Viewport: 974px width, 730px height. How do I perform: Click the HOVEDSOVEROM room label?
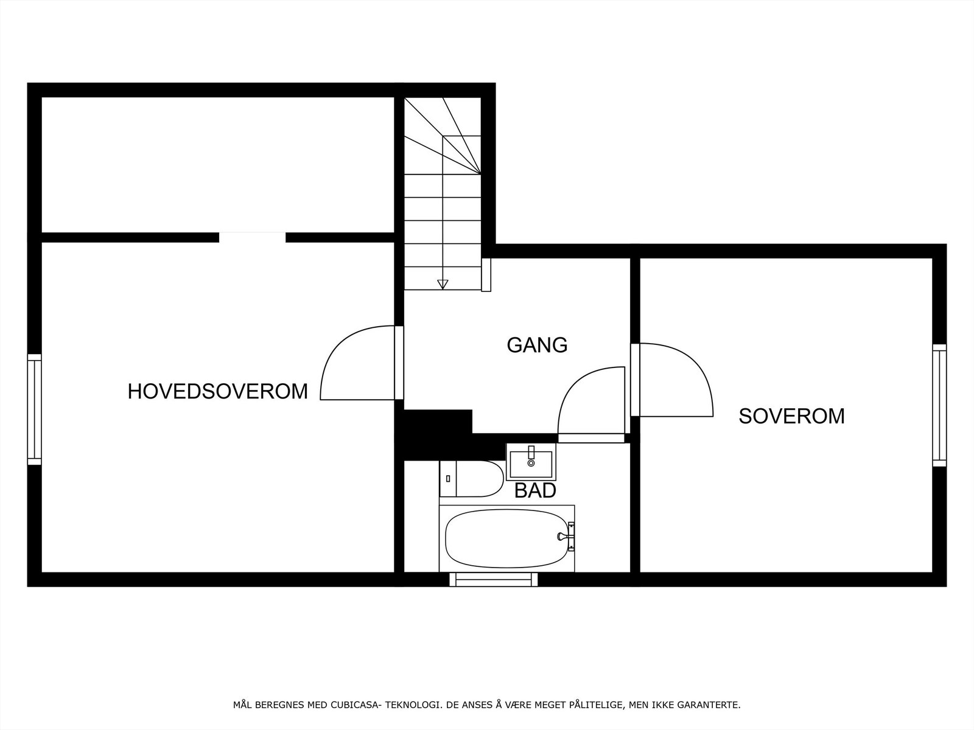[x=217, y=391]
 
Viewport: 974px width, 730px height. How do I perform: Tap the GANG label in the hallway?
[x=537, y=345]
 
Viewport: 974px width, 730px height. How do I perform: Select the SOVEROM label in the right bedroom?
[x=791, y=416]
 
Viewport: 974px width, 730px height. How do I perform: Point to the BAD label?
[x=535, y=491]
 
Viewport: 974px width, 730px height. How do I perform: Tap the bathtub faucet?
[x=565, y=536]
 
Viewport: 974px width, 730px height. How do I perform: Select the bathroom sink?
[x=531, y=462]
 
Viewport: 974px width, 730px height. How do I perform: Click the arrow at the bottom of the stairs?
[x=443, y=283]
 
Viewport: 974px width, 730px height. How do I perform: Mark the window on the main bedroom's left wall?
[x=34, y=409]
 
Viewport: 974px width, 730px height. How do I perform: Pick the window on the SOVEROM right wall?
[x=939, y=405]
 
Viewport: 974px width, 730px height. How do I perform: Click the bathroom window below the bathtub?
[x=494, y=580]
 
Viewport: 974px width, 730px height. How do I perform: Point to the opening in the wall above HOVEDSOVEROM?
[x=252, y=237]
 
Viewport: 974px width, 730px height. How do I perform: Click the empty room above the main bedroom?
[x=217, y=164]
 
